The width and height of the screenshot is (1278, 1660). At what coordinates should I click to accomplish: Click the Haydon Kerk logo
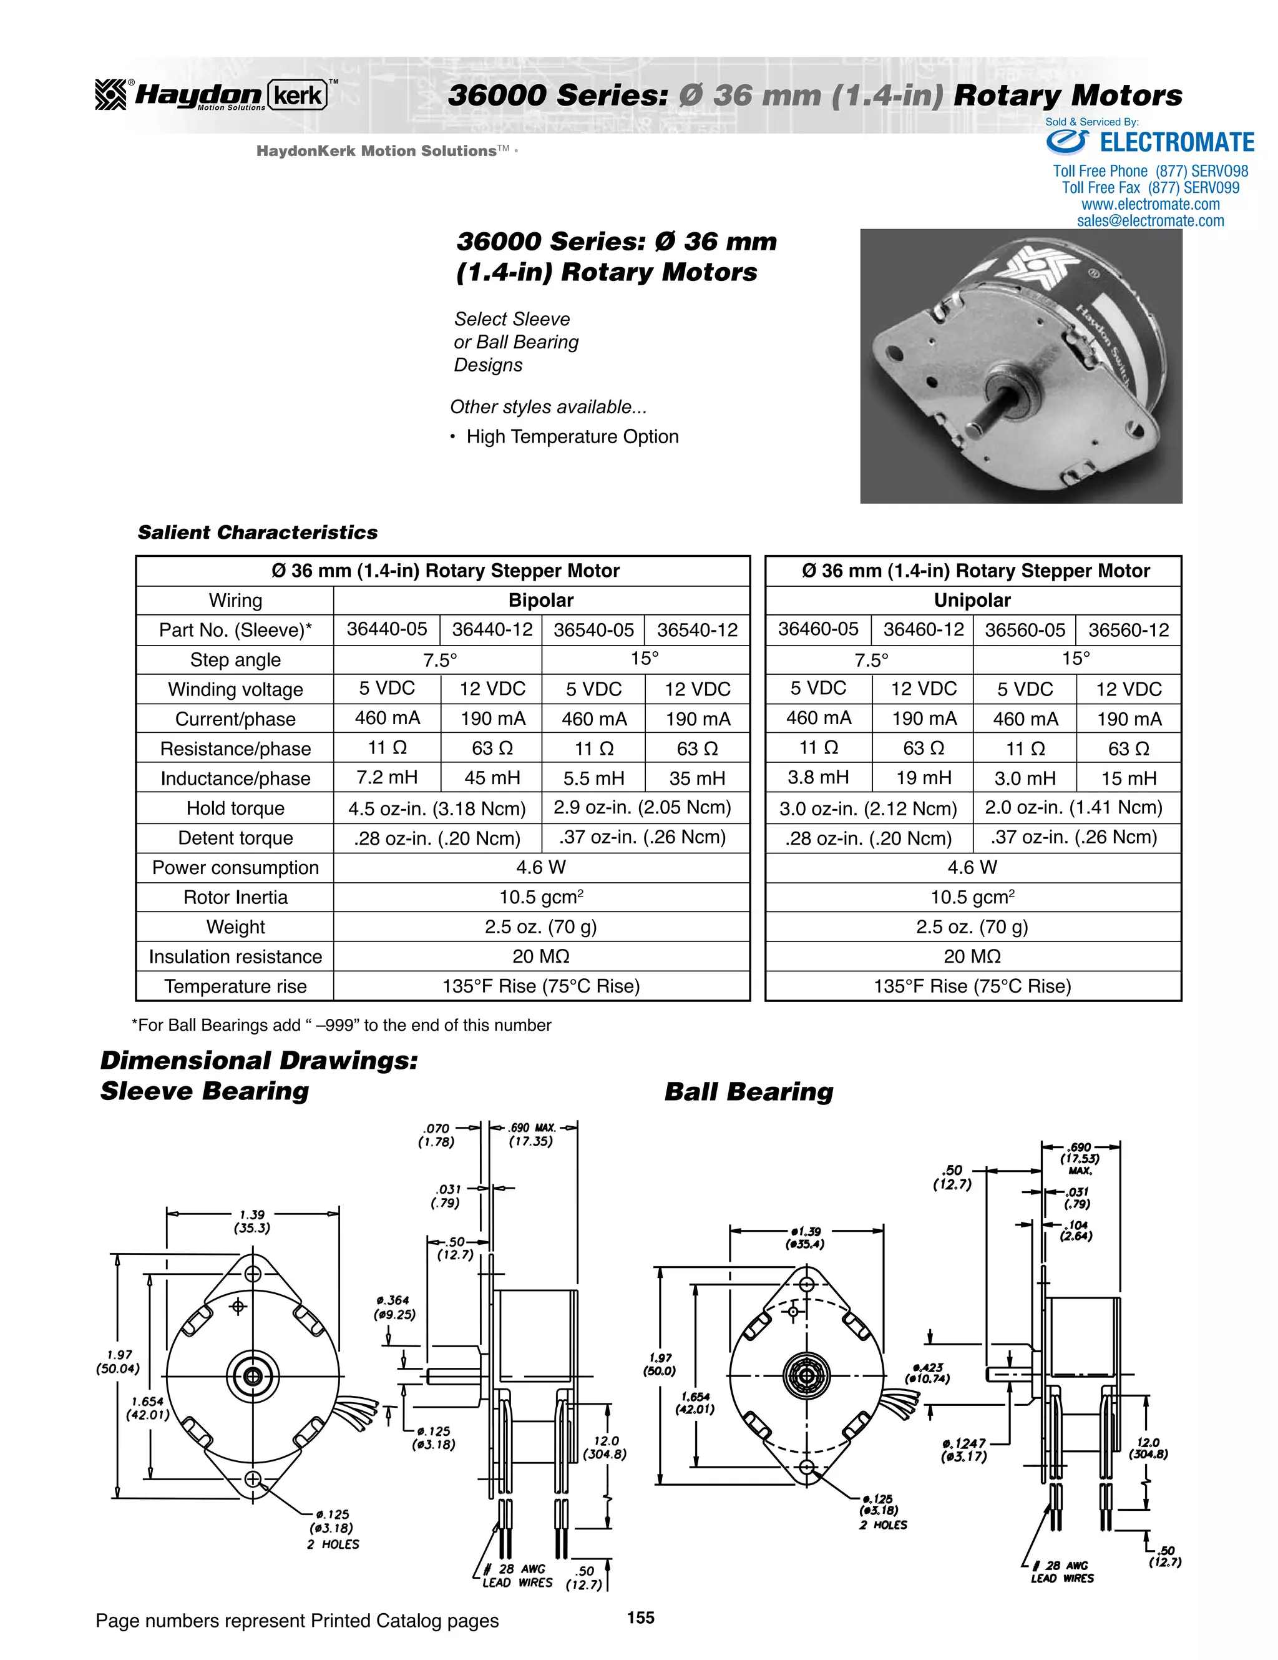click(x=213, y=96)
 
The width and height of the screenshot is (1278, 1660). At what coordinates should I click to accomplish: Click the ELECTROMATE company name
click(x=1176, y=143)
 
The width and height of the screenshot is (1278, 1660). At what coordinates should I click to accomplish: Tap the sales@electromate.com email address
click(x=1150, y=221)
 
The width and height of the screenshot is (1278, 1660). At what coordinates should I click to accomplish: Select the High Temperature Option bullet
click(x=572, y=437)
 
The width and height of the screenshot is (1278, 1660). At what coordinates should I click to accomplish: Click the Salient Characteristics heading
click(x=258, y=533)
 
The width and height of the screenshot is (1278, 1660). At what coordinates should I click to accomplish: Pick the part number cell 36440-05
click(x=387, y=629)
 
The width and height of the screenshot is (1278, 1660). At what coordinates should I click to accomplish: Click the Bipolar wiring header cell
click(x=540, y=601)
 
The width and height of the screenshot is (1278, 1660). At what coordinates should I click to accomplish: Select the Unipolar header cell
click(x=972, y=601)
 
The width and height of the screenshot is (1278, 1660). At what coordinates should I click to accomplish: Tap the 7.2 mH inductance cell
click(x=387, y=777)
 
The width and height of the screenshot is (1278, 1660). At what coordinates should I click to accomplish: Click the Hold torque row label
click(x=235, y=808)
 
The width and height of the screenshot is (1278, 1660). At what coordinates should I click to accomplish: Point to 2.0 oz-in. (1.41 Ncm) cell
click(x=1073, y=807)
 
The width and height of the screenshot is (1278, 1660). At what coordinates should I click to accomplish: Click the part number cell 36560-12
click(x=1128, y=630)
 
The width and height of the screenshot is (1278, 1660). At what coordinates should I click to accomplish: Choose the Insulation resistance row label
click(x=235, y=957)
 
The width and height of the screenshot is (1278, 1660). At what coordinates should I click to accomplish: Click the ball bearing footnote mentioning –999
click(x=342, y=1025)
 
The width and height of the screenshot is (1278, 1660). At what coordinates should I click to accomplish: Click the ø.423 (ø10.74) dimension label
click(x=928, y=1373)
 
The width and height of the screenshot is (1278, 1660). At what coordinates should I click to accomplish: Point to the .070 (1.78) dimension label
click(x=437, y=1135)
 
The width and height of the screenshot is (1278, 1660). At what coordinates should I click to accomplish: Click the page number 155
click(x=640, y=1618)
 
